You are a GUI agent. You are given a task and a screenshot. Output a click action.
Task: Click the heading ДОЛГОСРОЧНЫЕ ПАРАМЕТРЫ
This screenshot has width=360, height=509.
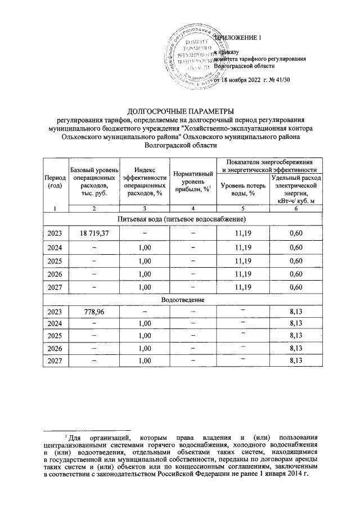tap(180, 110)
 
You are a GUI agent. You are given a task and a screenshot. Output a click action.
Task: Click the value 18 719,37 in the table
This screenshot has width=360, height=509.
tap(94, 232)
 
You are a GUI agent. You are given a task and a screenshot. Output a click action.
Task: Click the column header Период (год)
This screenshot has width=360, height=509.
tap(55, 182)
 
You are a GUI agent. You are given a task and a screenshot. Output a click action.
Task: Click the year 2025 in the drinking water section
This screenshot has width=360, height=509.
tap(55, 262)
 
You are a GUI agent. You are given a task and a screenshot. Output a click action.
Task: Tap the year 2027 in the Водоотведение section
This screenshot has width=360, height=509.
tap(55, 361)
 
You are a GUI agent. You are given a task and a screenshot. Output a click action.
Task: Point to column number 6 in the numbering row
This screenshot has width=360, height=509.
tap(296, 209)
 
